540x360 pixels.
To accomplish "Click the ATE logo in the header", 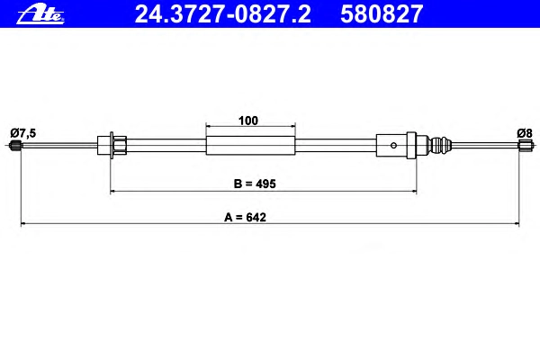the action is coord(40,14).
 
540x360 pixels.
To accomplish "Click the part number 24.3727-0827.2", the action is coord(223,14).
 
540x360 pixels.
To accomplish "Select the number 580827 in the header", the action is coord(382,14).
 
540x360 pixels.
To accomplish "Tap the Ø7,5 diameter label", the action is coord(23,133).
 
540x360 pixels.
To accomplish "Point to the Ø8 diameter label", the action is coord(525,133).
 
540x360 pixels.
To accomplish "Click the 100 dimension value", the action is coord(248,121).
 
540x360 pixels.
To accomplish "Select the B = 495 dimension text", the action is coord(255,184).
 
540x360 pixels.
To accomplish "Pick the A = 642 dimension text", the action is coord(245,218).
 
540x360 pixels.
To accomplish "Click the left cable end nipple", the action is coord(16,145).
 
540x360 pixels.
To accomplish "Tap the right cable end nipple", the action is coord(525,145).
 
